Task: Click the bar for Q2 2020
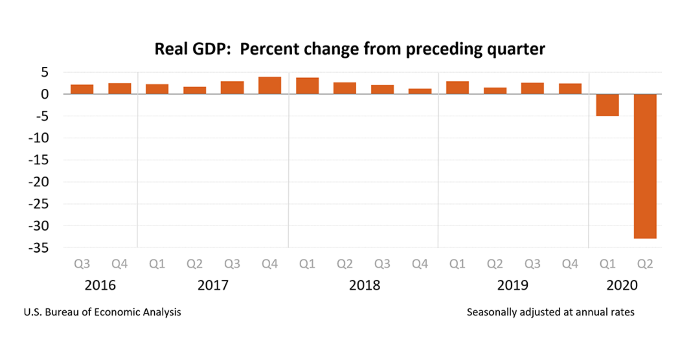(645, 166)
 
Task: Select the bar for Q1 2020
(608, 105)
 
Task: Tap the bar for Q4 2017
(270, 86)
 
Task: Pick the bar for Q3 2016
(82, 89)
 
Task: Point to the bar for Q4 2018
(420, 92)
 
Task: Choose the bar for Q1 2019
(457, 88)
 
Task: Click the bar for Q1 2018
(307, 86)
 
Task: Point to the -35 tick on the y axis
(38, 248)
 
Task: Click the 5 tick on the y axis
(44, 72)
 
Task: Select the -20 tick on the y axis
(38, 182)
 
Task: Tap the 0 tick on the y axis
(44, 94)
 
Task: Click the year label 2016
(100, 286)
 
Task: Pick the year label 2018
(364, 286)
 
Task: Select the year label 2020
(622, 286)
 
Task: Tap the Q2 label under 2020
(645, 264)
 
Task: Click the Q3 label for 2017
(232, 264)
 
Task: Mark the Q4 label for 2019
(570, 264)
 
